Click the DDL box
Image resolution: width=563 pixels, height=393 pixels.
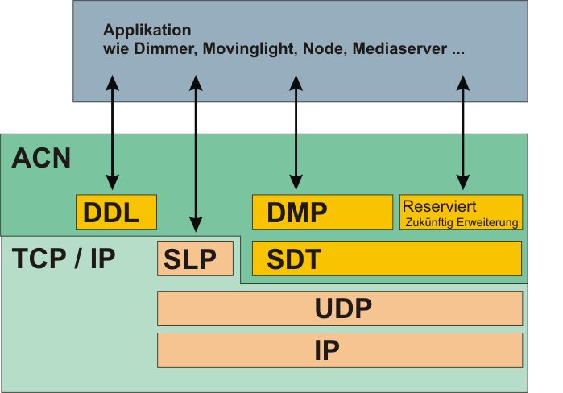115,212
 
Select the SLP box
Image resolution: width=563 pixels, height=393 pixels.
195,259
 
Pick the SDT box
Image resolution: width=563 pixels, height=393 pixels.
387,259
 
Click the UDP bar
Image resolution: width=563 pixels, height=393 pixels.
339,308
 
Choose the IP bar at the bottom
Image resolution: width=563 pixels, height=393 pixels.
339,350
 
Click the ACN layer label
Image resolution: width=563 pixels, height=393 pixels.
42,158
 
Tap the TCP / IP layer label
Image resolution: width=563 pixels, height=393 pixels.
64,259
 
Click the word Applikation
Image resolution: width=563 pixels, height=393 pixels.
147,31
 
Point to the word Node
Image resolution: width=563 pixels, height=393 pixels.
321,48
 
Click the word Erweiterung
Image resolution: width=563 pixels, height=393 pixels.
489,221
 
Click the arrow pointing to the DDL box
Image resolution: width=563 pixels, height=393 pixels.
113,133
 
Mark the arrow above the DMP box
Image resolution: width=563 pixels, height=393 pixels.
296,133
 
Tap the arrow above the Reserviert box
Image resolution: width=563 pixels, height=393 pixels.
462,133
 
